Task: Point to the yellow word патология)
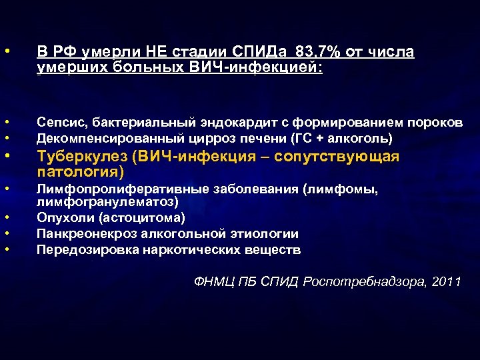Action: coord(81,172)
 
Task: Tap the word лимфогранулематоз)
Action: coord(107,201)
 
